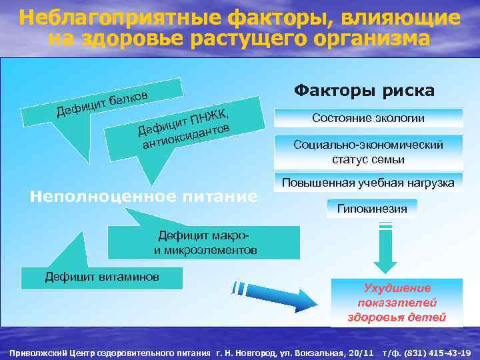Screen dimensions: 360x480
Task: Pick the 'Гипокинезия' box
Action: [x=372, y=209]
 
